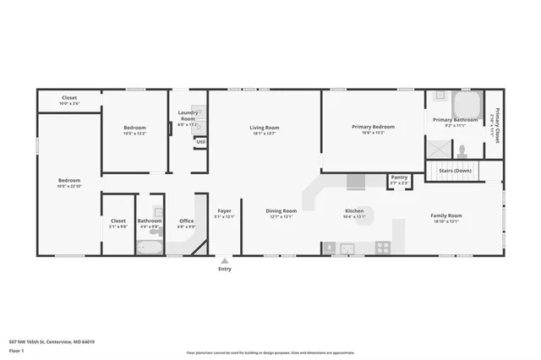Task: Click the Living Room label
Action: click(264, 128)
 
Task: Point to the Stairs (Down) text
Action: click(456, 171)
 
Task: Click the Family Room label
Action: click(445, 216)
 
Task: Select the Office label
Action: click(186, 221)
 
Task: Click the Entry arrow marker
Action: click(224, 261)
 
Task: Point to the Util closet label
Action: click(200, 142)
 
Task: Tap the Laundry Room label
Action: click(188, 116)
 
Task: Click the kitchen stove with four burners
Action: click(383, 248)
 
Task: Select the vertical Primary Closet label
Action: click(497, 127)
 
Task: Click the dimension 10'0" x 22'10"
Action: click(69, 186)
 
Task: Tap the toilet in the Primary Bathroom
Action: click(462, 153)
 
